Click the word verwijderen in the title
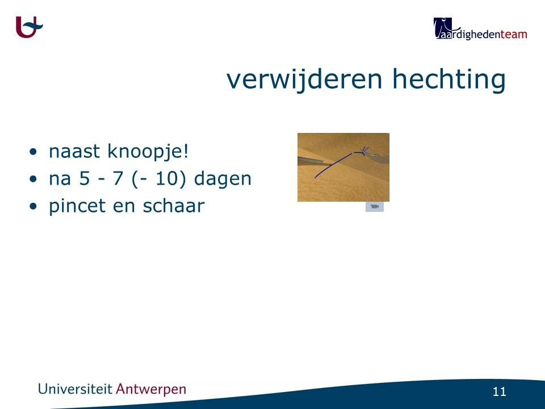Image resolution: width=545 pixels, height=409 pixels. (304, 80)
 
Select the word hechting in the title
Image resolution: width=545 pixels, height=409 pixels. (448, 80)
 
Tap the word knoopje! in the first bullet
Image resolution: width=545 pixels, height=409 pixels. (148, 152)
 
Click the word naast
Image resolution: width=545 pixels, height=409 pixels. (74, 152)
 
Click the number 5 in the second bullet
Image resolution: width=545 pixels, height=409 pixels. (85, 178)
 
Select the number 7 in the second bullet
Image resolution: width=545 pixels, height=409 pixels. (118, 178)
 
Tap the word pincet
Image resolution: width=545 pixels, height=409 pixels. (78, 206)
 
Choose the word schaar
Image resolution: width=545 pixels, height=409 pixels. (174, 205)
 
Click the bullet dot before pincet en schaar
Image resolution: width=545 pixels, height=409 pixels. (33, 206)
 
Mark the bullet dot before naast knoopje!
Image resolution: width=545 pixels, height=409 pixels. (33, 152)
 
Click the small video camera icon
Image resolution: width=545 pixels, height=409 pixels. (374, 207)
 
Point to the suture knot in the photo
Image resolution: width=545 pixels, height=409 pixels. (364, 151)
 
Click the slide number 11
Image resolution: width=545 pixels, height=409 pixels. (499, 392)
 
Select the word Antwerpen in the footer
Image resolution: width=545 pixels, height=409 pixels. (151, 389)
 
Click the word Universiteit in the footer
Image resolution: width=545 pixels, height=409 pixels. (75, 389)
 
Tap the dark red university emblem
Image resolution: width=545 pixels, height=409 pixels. (29, 27)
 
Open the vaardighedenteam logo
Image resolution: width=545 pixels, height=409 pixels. (480, 28)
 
